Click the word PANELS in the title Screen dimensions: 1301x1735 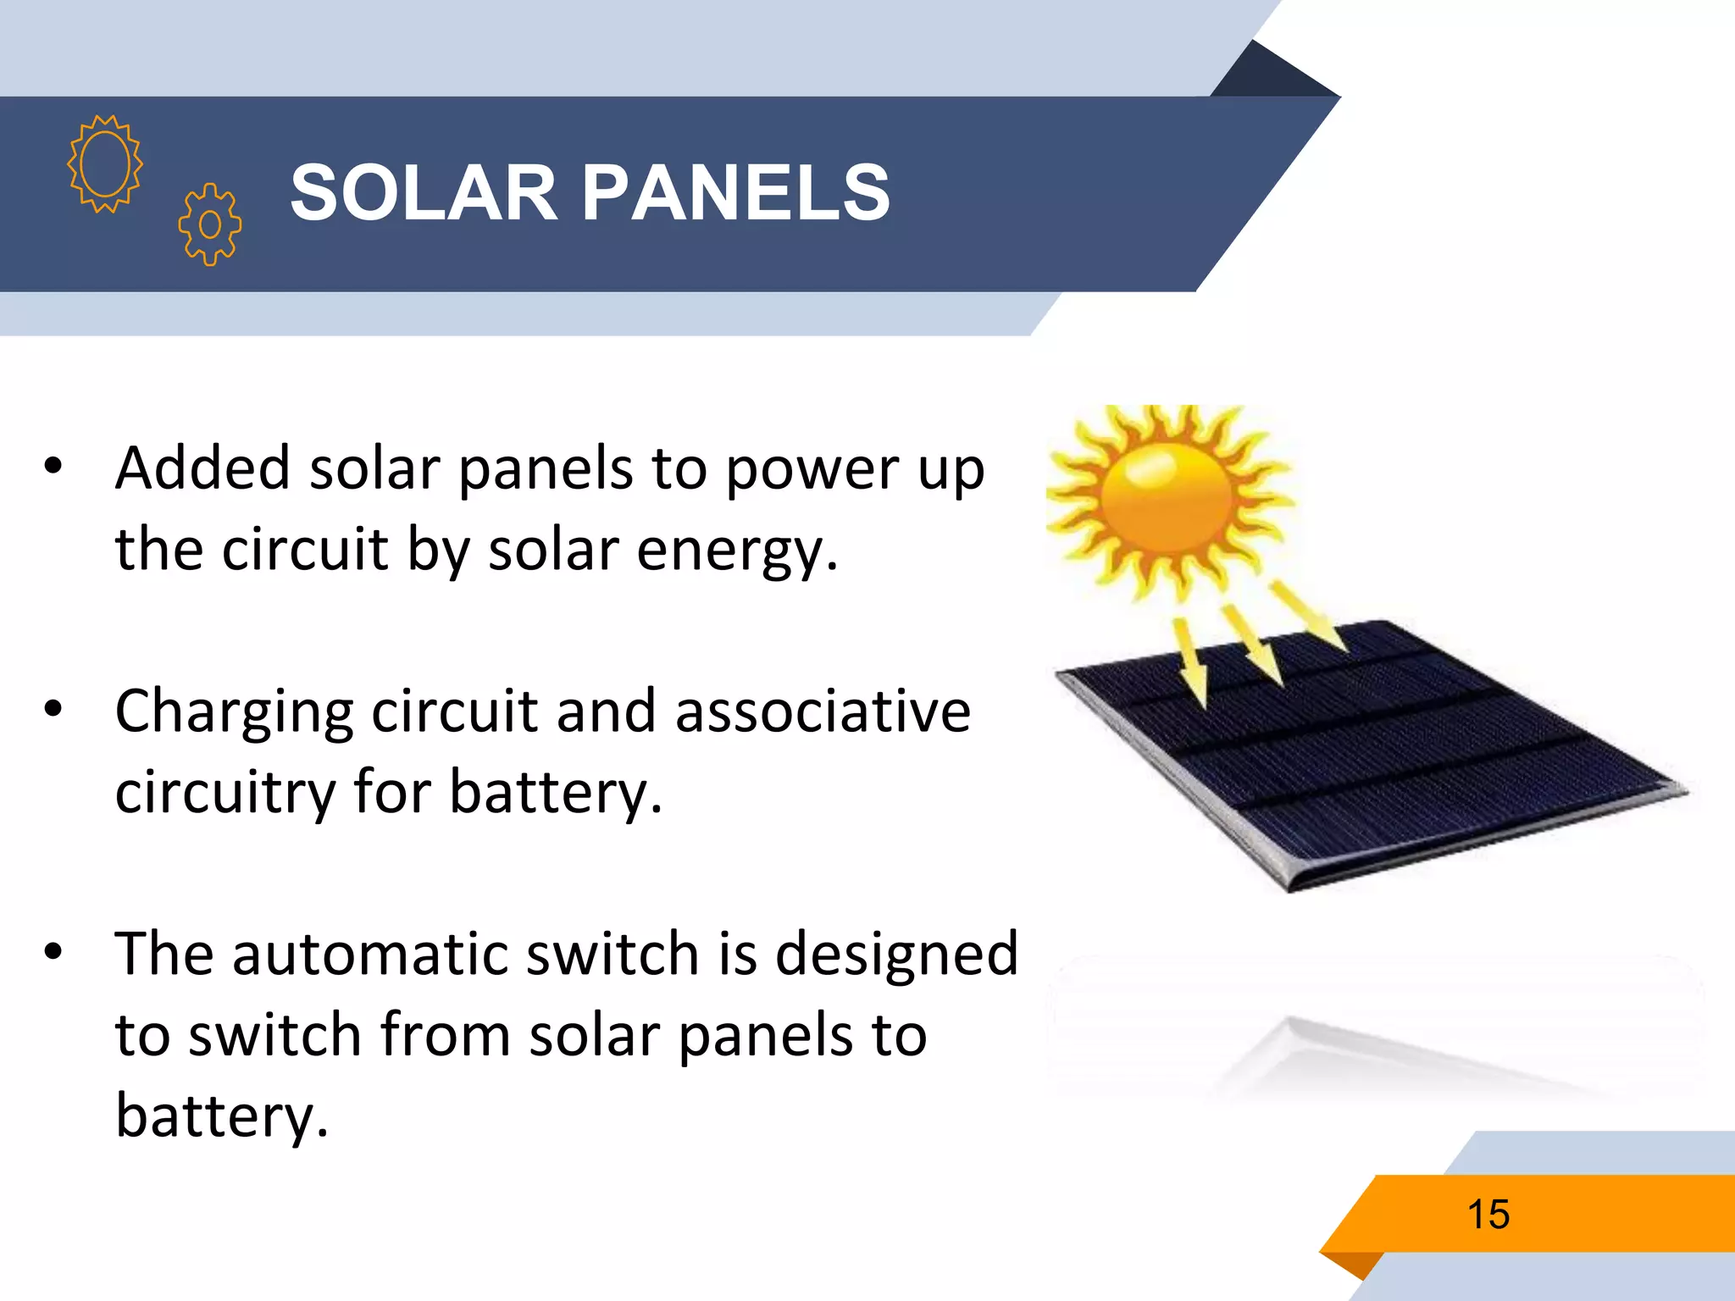[735, 193]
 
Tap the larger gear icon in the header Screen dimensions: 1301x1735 [105, 163]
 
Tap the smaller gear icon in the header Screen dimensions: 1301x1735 [210, 224]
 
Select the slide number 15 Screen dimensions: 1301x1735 [1488, 1214]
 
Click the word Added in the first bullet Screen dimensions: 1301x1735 [202, 468]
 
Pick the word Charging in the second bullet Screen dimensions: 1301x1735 [233, 711]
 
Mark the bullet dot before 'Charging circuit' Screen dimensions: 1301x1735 [53, 709]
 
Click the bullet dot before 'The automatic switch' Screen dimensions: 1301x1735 [53, 951]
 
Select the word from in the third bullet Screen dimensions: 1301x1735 [444, 1035]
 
